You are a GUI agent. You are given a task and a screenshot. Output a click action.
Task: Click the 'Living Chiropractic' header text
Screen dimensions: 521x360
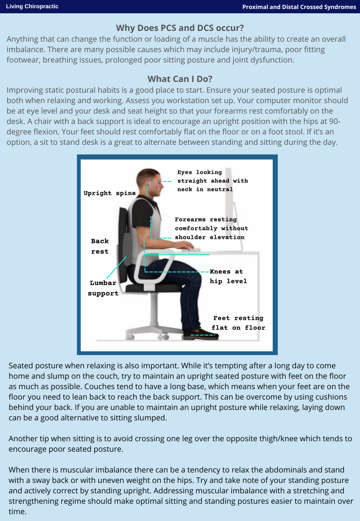click(x=32, y=6)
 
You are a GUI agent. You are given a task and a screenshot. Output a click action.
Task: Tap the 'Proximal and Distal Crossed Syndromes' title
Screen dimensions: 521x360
click(x=299, y=7)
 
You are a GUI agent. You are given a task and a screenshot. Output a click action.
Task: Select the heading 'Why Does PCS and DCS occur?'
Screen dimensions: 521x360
click(x=180, y=28)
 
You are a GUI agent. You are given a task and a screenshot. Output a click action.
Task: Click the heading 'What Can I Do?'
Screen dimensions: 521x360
click(x=180, y=79)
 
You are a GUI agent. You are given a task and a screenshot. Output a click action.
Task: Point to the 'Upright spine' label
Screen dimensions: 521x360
click(x=110, y=193)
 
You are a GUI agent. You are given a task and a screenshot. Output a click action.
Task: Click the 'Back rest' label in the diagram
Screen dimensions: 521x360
click(x=100, y=246)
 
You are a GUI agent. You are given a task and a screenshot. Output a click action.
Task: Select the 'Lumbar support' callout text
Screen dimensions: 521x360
click(x=103, y=288)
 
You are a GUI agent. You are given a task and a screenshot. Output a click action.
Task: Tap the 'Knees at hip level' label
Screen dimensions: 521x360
click(x=228, y=276)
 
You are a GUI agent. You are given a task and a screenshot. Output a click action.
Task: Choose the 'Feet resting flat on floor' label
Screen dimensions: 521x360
click(x=238, y=323)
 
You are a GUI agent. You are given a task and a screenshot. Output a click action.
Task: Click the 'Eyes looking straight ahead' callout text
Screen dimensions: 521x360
click(x=212, y=181)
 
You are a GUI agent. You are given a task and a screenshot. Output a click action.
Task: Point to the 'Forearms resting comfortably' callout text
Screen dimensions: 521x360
click(x=211, y=228)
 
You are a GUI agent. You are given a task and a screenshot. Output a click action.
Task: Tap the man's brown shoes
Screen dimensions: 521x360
click(x=200, y=334)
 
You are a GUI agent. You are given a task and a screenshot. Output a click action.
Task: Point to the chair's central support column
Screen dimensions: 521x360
click(x=154, y=309)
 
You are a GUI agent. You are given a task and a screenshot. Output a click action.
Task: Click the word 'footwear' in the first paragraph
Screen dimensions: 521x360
click(x=23, y=60)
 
